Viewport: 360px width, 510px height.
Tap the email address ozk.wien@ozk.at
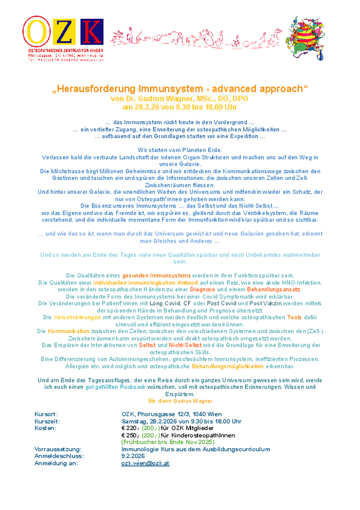[x=145, y=463]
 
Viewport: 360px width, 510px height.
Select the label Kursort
[x=46, y=414]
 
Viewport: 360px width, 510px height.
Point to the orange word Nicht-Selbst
[x=183, y=344]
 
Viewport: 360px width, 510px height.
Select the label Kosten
[x=45, y=428]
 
